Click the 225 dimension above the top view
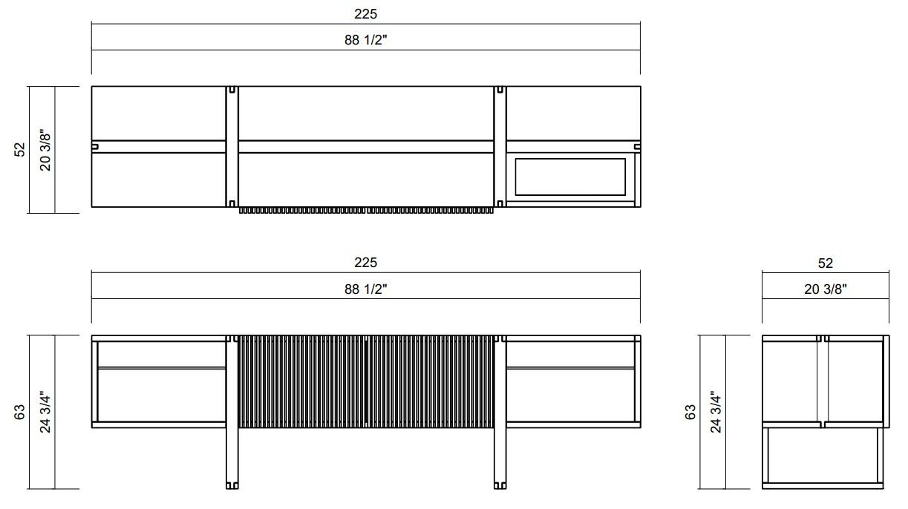click(x=365, y=14)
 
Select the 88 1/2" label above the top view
click(x=365, y=40)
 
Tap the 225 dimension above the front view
click(x=365, y=263)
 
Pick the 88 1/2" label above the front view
click(x=365, y=289)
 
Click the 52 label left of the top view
click(x=20, y=150)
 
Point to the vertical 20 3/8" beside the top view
click(x=45, y=150)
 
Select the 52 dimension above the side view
click(x=825, y=263)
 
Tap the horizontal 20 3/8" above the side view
click(x=825, y=289)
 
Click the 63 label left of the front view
click(x=20, y=412)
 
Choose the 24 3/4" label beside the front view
click(x=45, y=412)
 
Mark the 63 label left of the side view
click(x=690, y=412)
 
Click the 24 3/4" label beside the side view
click(x=716, y=412)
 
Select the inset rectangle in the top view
click(x=570, y=177)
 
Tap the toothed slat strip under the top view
click(x=365, y=211)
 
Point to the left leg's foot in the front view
click(x=232, y=485)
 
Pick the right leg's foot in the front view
click(x=500, y=485)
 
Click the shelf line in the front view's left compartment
click(x=162, y=367)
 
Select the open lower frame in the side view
click(x=824, y=456)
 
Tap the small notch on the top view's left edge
click(x=95, y=146)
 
